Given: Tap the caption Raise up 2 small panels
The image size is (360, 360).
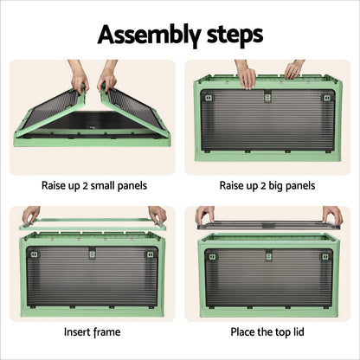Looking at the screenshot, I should (x=93, y=185).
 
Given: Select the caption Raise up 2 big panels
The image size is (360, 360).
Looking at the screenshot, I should (x=267, y=185).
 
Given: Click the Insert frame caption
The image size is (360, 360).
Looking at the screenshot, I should (x=93, y=331).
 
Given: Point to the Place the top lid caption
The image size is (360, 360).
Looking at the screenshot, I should (x=267, y=331).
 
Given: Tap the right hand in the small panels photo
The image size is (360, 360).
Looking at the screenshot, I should (x=108, y=79).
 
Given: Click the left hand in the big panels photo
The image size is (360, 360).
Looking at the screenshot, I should (x=245, y=75).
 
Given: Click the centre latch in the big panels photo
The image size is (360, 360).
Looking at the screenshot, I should (x=267, y=96).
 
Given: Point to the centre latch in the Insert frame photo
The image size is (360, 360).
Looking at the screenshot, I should (x=93, y=254).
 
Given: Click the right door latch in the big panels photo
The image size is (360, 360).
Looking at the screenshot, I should (x=326, y=98).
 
